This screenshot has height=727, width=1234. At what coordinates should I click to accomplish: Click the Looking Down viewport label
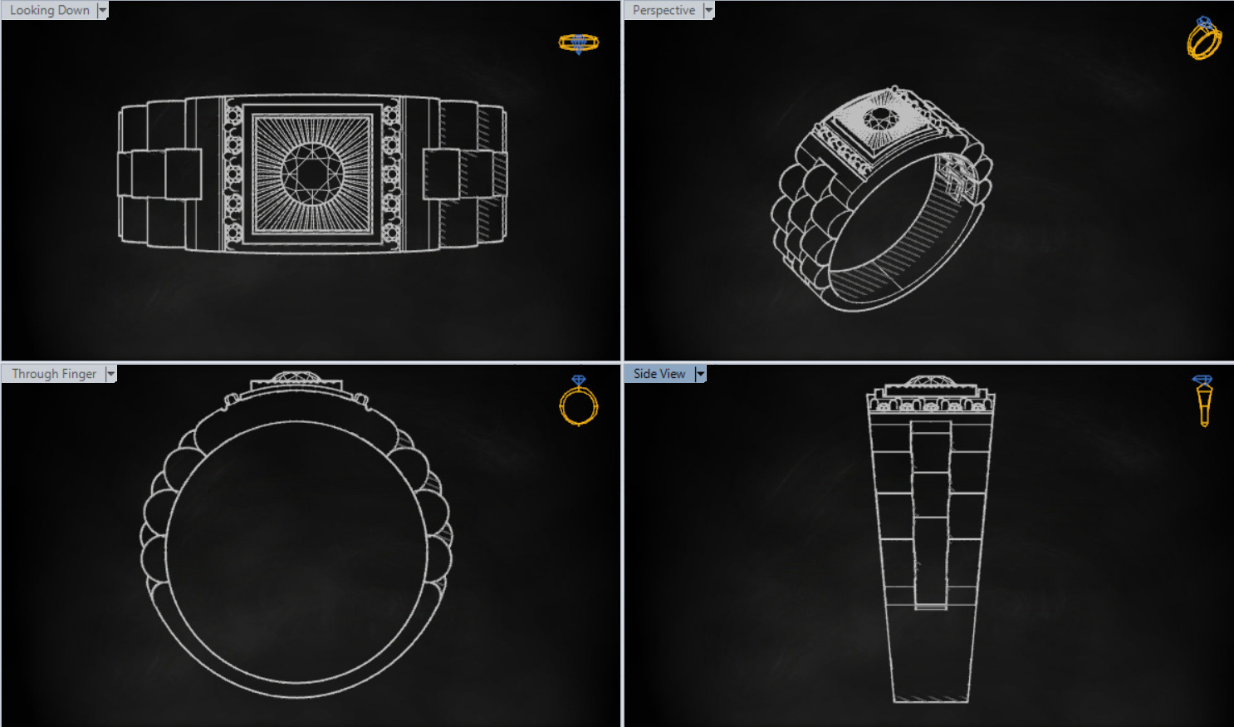50,10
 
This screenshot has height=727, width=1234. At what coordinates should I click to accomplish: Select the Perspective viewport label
664,10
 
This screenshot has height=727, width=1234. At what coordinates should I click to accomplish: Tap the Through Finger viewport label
54,374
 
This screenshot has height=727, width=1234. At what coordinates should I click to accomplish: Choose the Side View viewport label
659,374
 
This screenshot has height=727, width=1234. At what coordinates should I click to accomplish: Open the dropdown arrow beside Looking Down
103,10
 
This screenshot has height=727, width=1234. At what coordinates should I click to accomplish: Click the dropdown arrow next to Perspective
708,10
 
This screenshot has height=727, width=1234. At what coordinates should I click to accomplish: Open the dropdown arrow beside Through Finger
110,374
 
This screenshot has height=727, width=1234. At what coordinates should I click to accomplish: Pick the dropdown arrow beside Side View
700,374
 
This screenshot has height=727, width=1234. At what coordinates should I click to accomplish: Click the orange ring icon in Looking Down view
578,43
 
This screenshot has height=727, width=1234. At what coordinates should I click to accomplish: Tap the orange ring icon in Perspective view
1203,38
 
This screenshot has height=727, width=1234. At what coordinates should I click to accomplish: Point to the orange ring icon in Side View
1203,400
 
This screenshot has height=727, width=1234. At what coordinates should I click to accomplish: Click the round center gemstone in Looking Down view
312,174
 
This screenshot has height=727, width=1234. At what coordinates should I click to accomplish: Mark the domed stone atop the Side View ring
930,381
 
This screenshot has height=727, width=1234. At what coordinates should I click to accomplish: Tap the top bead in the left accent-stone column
233,115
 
